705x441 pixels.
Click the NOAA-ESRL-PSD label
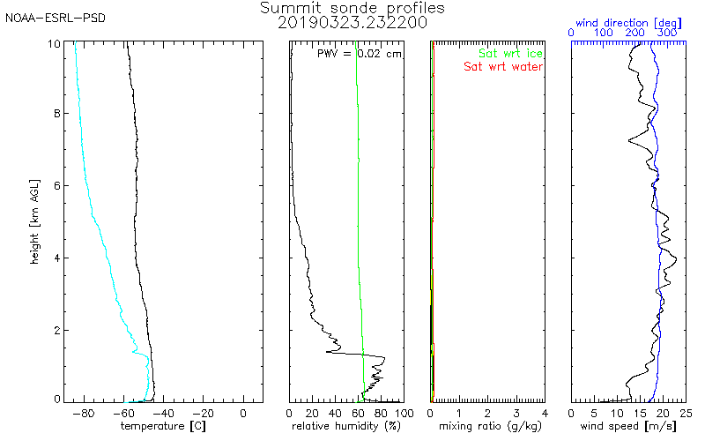tap(56, 19)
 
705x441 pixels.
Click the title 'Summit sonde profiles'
tap(352, 8)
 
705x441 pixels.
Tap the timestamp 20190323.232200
tap(352, 23)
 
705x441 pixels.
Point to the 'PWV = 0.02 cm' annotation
tap(360, 54)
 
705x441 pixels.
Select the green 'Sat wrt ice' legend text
tap(510, 54)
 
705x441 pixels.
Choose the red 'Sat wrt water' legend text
tap(503, 67)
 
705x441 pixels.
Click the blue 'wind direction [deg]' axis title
tap(628, 23)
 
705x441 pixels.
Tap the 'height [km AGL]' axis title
tap(34, 222)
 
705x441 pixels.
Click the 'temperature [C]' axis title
tap(163, 426)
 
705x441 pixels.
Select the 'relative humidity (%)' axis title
tap(346, 426)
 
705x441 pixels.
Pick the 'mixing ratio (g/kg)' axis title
tap(490, 426)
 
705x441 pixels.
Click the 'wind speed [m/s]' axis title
tap(628, 426)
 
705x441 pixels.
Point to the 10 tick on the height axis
tap(54, 43)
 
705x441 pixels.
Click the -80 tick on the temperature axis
tap(84, 413)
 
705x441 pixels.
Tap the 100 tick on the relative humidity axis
tap(404, 413)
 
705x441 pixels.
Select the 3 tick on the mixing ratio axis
tap(516, 413)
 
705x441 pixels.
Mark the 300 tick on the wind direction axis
tap(667, 33)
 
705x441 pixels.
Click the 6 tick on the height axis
tap(57, 186)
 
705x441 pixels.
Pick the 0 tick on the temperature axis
tap(243, 413)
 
